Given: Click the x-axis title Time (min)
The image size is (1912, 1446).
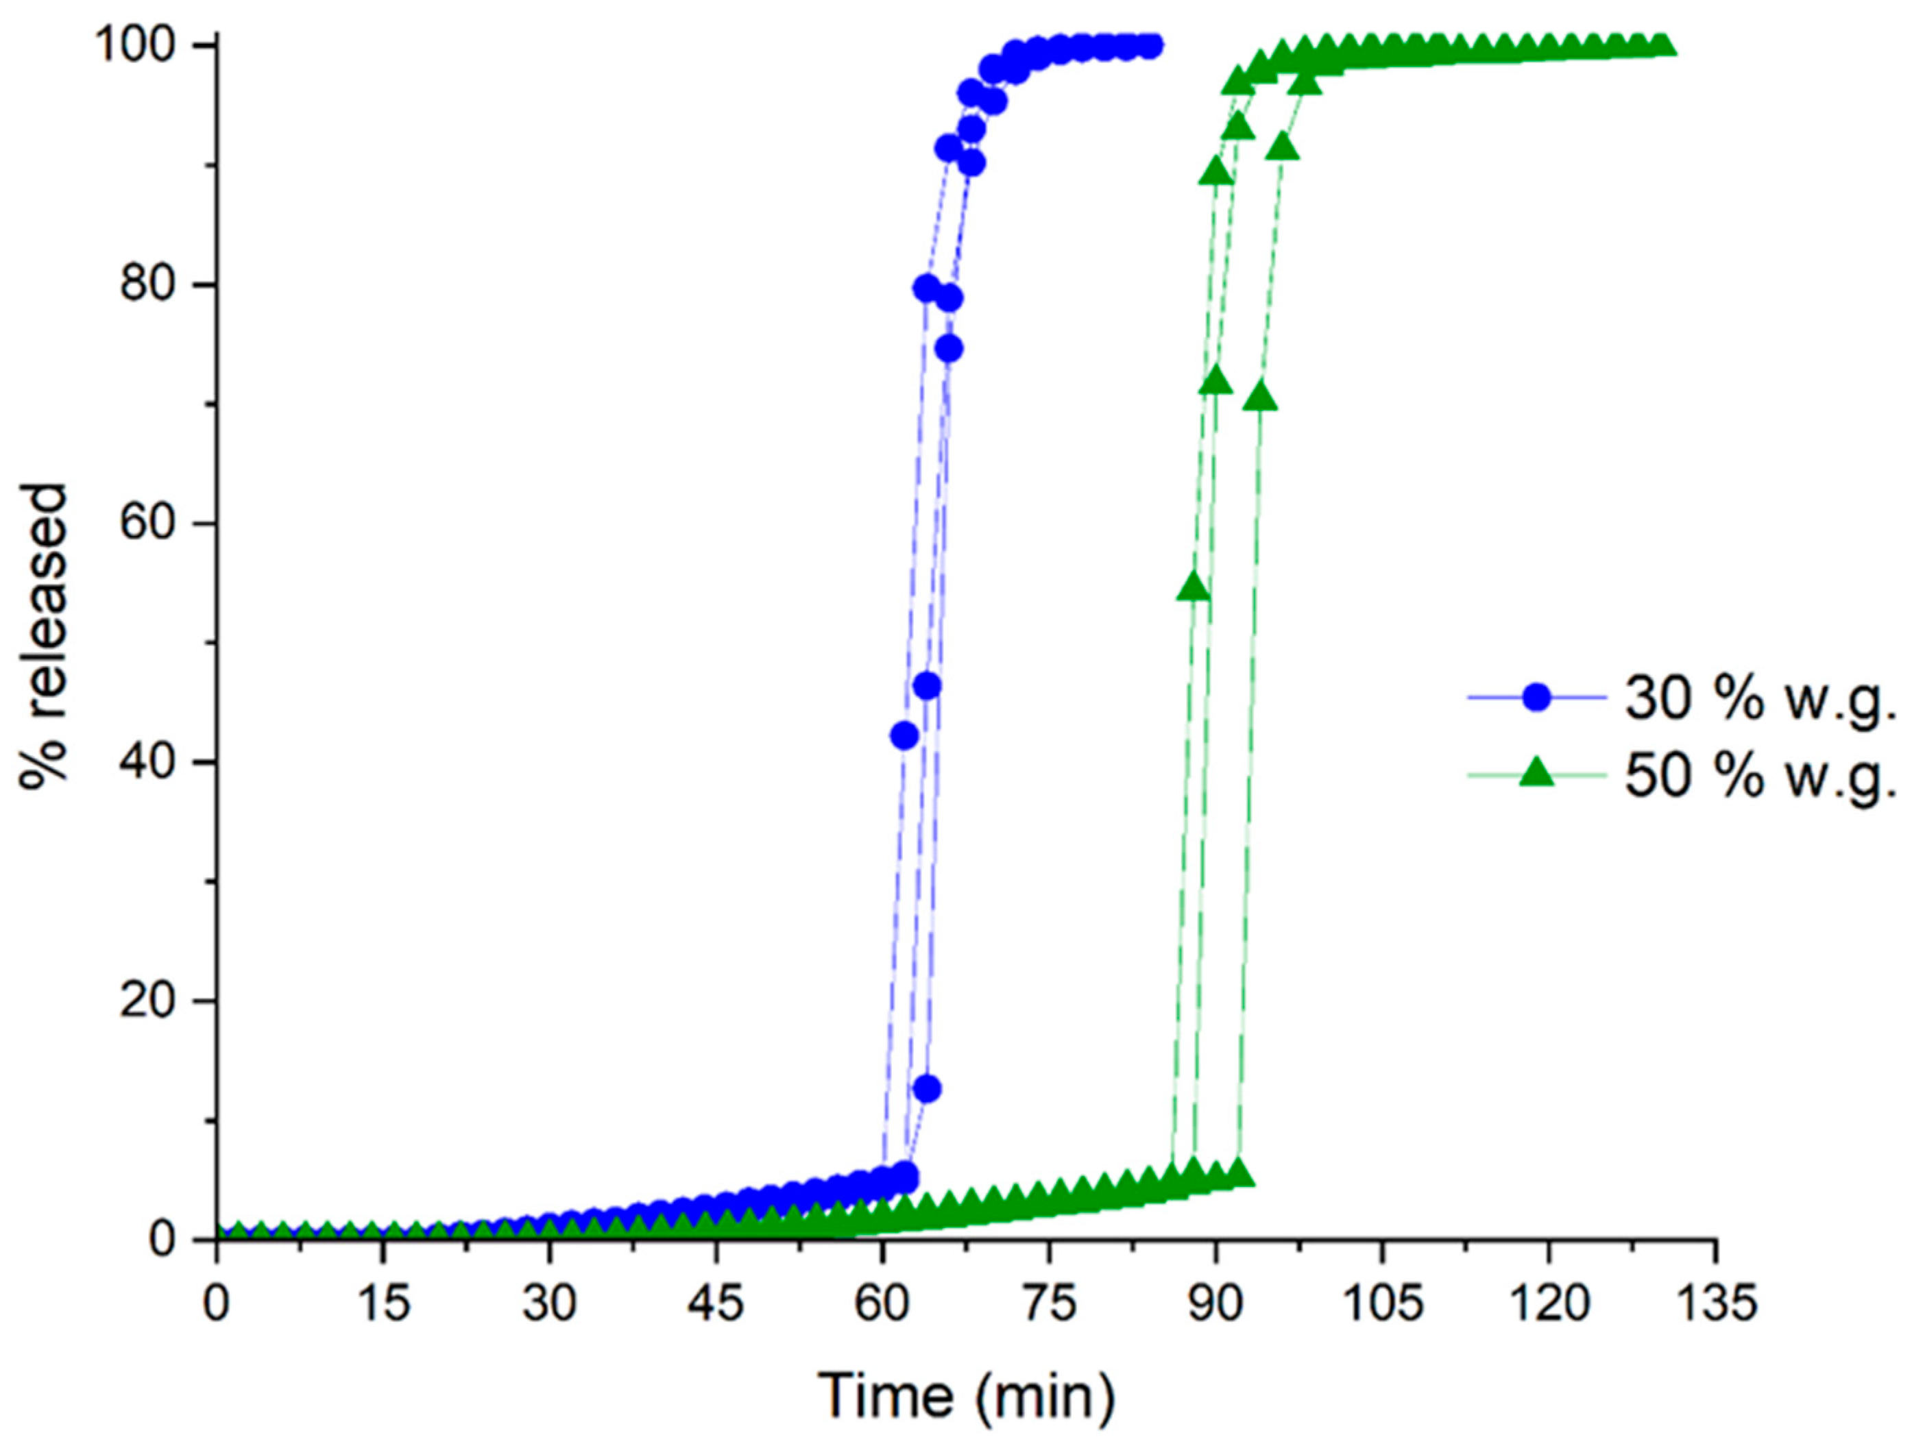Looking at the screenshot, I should coord(967,1396).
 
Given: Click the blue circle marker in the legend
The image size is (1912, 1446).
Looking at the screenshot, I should coord(1536,697).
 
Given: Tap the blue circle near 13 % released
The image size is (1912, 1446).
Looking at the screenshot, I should coord(928,1089).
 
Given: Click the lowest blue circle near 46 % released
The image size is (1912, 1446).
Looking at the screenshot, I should coord(928,686).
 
